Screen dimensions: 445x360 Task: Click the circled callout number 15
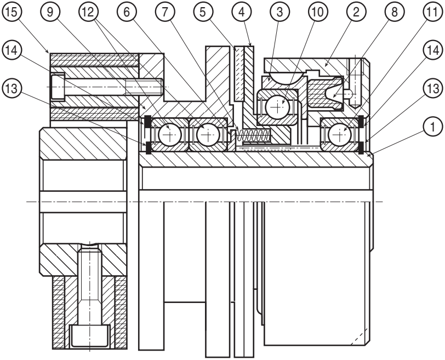[12, 12]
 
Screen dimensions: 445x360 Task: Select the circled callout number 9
[50, 12]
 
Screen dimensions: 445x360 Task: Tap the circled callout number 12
[89, 12]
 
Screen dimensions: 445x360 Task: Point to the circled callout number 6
[127, 12]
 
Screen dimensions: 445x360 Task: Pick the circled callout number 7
[165, 12]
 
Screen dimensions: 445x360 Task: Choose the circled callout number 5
[203, 12]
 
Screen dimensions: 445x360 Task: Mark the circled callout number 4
[242, 12]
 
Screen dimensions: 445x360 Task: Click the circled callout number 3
[280, 12]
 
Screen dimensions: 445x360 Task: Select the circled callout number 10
[318, 12]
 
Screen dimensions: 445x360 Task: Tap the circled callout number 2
[356, 12]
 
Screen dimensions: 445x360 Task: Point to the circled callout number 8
[395, 12]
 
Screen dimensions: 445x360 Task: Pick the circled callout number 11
[432, 12]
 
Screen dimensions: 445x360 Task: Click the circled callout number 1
[432, 127]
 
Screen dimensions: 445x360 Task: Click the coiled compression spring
[253, 135]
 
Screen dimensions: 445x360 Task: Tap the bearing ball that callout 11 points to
[339, 135]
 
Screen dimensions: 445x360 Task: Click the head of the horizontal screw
[58, 87]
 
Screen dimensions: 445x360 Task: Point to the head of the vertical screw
[90, 336]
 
